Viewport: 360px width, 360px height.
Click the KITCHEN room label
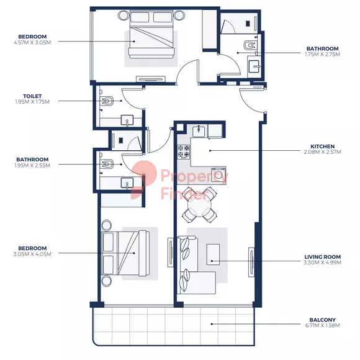pyautogui.click(x=322, y=146)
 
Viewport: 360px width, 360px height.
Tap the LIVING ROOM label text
pyautogui.click(x=322, y=257)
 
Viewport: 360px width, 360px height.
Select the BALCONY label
pyautogui.click(x=322, y=320)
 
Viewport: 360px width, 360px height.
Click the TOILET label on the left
pyautogui.click(x=32, y=96)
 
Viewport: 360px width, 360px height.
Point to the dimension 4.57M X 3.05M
pyautogui.click(x=32, y=42)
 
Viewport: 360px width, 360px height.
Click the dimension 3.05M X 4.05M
pyautogui.click(x=32, y=254)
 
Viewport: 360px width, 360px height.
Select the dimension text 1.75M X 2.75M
pyautogui.click(x=322, y=55)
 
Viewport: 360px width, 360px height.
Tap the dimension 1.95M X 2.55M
pyautogui.click(x=32, y=165)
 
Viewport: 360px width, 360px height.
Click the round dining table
pyautogui.click(x=199, y=205)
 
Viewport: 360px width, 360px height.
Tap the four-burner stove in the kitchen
pyautogui.click(x=184, y=152)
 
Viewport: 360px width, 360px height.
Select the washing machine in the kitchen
pyautogui.click(x=218, y=175)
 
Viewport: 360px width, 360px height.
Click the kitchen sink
pyautogui.click(x=199, y=131)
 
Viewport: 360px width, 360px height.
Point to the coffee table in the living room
pyautogui.click(x=213, y=254)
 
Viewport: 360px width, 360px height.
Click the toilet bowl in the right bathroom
pyautogui.click(x=250, y=45)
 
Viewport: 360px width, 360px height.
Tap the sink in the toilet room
pyautogui.click(x=127, y=120)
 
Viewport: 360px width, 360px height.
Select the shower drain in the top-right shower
pyautogui.click(x=248, y=24)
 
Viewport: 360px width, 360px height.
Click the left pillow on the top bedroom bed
pyautogui.click(x=140, y=17)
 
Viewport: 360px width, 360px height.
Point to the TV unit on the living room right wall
pyautogui.click(x=251, y=262)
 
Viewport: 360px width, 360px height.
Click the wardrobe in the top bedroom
pyautogui.click(x=209, y=29)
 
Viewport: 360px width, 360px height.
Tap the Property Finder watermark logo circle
pyautogui.click(x=144, y=174)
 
